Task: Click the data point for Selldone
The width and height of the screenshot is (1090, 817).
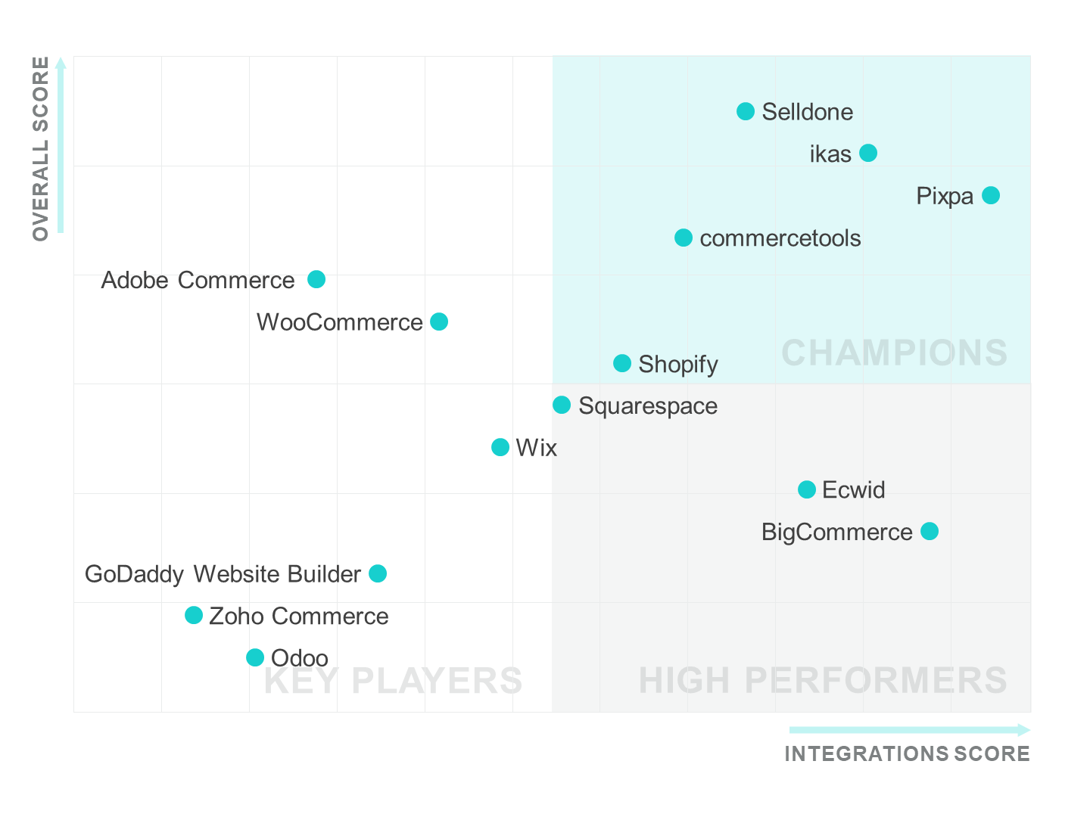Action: click(746, 111)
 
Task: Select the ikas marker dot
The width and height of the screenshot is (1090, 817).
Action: click(868, 153)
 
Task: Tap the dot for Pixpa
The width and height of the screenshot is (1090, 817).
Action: click(991, 195)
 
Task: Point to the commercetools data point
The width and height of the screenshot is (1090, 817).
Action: click(684, 238)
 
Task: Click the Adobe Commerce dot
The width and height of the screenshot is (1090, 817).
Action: click(316, 279)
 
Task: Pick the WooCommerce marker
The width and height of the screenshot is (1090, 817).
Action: click(439, 322)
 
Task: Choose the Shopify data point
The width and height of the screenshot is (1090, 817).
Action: click(622, 363)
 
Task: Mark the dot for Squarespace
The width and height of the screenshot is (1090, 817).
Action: click(562, 405)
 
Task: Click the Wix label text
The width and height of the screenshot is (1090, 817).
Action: click(536, 448)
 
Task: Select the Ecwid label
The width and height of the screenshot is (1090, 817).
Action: click(853, 490)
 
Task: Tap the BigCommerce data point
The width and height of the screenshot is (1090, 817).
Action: click(930, 531)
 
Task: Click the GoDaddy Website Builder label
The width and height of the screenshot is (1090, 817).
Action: click(223, 574)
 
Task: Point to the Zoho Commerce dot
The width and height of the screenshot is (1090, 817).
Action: click(194, 615)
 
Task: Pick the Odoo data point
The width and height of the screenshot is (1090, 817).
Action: click(255, 657)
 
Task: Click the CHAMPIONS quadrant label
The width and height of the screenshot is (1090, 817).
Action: click(894, 353)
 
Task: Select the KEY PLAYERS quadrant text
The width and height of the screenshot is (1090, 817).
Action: click(393, 681)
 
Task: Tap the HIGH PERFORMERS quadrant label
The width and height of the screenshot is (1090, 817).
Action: click(823, 681)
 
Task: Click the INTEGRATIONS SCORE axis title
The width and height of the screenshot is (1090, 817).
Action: click(907, 754)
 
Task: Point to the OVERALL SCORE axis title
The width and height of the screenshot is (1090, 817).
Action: click(41, 148)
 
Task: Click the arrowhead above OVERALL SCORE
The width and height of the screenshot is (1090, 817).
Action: click(61, 63)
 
